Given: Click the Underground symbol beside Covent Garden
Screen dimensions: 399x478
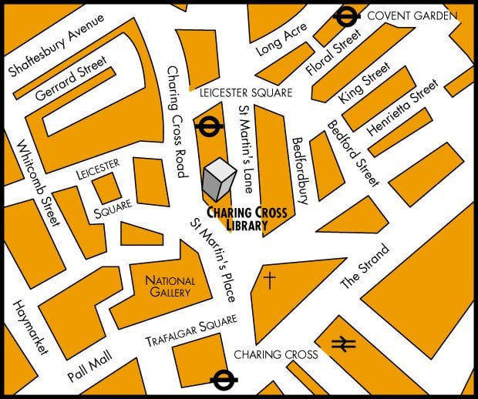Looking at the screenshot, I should pyautogui.click(x=347, y=15).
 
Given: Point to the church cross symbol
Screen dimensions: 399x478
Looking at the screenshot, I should pyautogui.click(x=269, y=280).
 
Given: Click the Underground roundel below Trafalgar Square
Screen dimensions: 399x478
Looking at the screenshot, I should pyautogui.click(x=224, y=378).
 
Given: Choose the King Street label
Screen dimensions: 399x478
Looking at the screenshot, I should pyautogui.click(x=359, y=85).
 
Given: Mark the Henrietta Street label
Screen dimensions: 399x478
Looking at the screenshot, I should pyautogui.click(x=402, y=112).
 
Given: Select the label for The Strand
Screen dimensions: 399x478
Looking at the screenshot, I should pyautogui.click(x=365, y=267).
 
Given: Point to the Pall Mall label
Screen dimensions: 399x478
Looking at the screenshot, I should pyautogui.click(x=90, y=367).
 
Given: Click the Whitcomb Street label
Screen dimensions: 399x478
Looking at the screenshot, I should pyautogui.click(x=38, y=183).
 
